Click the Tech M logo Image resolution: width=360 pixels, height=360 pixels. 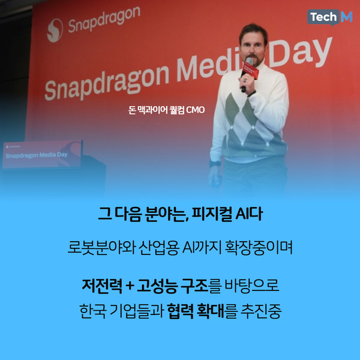coord(330,17)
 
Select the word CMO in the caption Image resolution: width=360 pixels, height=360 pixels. coord(195,110)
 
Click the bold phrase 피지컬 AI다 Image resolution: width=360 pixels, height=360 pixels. coord(227,213)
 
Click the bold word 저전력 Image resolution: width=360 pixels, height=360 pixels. coord(101,283)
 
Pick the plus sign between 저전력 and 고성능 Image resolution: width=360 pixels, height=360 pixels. coord(130,283)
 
